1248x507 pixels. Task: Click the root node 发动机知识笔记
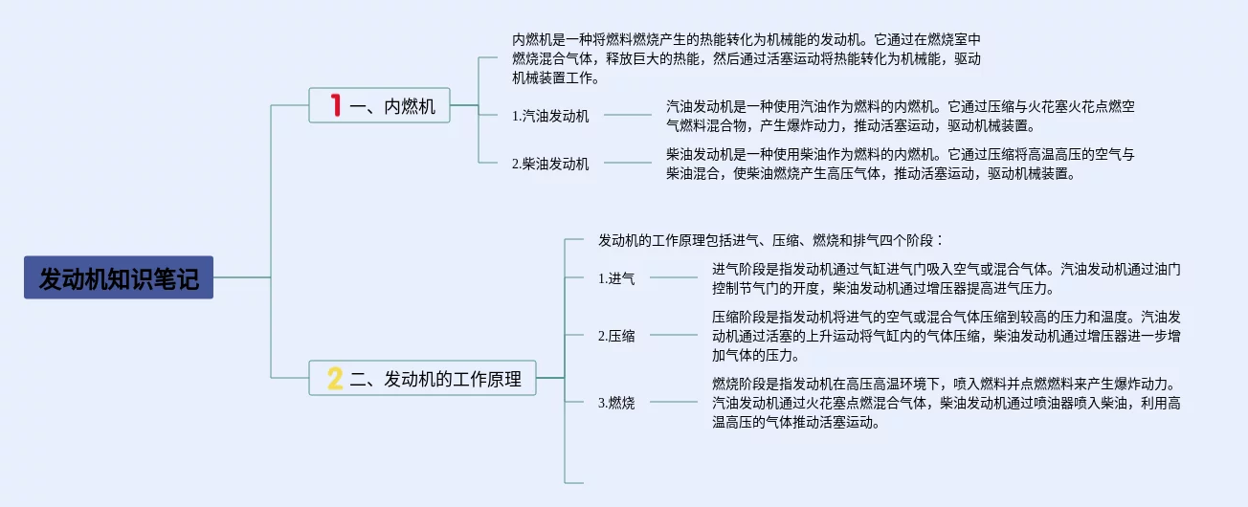tap(119, 278)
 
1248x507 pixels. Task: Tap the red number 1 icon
tap(335, 105)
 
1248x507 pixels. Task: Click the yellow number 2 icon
tap(334, 379)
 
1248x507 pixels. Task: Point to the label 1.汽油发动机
tap(550, 116)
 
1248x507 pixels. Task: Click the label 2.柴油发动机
tap(550, 164)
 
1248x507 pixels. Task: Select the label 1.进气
tap(616, 278)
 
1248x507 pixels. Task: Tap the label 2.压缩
tap(616, 335)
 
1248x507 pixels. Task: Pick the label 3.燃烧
tap(616, 403)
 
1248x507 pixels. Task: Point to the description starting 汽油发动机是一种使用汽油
tap(900, 115)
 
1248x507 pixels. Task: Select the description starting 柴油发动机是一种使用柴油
tap(900, 163)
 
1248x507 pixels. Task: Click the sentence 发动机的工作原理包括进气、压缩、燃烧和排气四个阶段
tap(770, 239)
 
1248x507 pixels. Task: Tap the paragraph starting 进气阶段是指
tap(946, 277)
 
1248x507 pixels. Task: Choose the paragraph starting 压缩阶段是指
tap(946, 335)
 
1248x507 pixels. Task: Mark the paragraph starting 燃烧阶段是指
tap(946, 402)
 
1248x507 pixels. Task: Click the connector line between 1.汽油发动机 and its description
tap(627, 115)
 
